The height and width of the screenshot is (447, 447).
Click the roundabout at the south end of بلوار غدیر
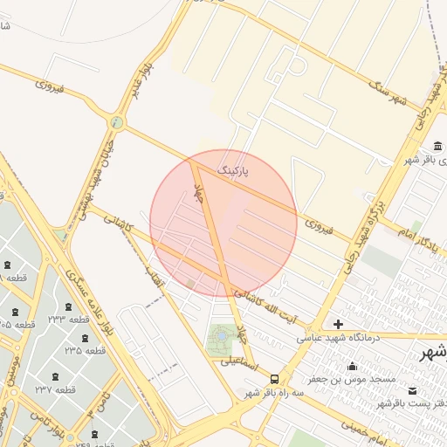[x=116, y=121]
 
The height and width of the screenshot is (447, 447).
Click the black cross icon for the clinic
[x=338, y=324]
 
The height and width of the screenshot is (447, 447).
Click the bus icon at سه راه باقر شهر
[x=275, y=379]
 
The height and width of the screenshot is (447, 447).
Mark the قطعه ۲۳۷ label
[x=53, y=389]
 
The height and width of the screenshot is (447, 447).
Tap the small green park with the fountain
[x=221, y=337]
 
